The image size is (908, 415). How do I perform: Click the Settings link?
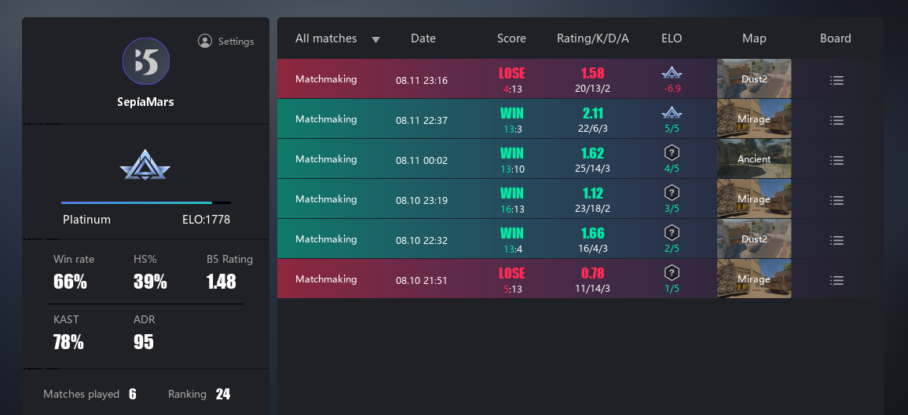[x=226, y=42]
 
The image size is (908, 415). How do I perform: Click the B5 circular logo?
[x=146, y=61]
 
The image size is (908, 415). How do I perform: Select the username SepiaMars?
[x=146, y=102]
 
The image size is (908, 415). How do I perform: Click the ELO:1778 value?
[x=200, y=220]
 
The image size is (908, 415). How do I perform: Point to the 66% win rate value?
[x=70, y=282]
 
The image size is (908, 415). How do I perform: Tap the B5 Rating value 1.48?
[x=221, y=282]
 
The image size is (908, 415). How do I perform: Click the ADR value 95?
[x=144, y=342]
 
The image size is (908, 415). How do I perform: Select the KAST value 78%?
[x=68, y=342]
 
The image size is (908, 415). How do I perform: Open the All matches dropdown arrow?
[x=375, y=39]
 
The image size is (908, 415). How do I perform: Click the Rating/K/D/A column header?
[x=593, y=38]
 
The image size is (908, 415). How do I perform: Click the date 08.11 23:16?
[x=422, y=80]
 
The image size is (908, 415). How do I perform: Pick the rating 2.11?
[x=593, y=114]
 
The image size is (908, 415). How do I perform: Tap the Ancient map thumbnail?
[x=754, y=159]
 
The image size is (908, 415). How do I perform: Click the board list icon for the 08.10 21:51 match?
[x=837, y=280]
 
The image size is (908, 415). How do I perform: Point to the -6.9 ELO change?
[x=672, y=89]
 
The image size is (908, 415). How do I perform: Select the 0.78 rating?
[x=593, y=273]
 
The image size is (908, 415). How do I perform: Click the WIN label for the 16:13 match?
[x=511, y=193]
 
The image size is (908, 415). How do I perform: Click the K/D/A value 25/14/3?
[x=593, y=169]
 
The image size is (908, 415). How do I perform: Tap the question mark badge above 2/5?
[x=672, y=232]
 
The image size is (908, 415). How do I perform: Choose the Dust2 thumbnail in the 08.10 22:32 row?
[x=754, y=239]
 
